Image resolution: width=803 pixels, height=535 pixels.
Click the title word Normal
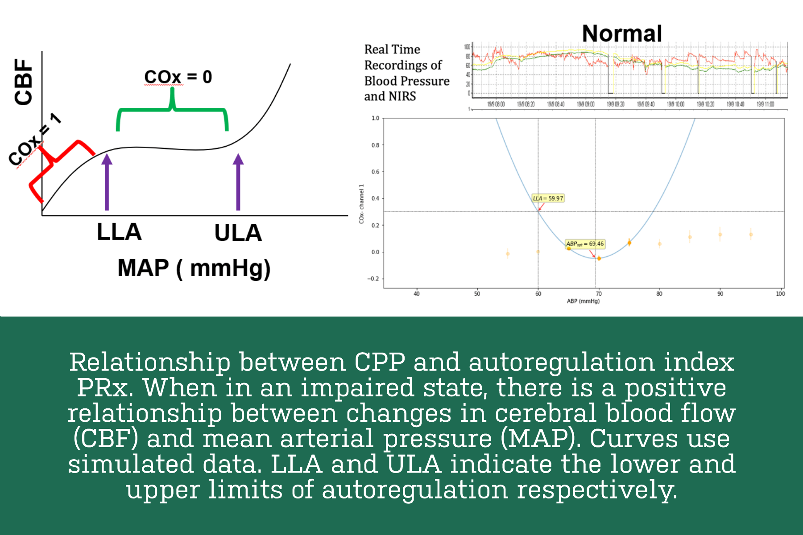[622, 34]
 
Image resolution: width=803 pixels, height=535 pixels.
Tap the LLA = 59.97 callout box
[548, 198]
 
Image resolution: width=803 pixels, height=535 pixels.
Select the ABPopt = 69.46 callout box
[585, 244]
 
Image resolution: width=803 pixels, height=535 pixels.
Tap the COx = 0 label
[178, 77]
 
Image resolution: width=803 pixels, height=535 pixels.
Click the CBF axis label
[24, 82]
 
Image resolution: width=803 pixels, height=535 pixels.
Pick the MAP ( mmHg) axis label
[194, 268]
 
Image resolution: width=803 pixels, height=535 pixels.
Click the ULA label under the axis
[238, 233]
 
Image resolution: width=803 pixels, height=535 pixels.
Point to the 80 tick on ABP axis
[659, 293]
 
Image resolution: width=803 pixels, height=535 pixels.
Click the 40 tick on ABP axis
[417, 293]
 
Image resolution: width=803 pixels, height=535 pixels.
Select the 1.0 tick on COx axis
[375, 118]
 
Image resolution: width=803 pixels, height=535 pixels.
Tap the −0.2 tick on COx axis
[373, 279]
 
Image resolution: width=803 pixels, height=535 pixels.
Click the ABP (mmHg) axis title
[583, 301]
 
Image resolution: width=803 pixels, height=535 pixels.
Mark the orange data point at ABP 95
[751, 234]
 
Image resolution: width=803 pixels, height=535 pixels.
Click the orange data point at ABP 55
[508, 254]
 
